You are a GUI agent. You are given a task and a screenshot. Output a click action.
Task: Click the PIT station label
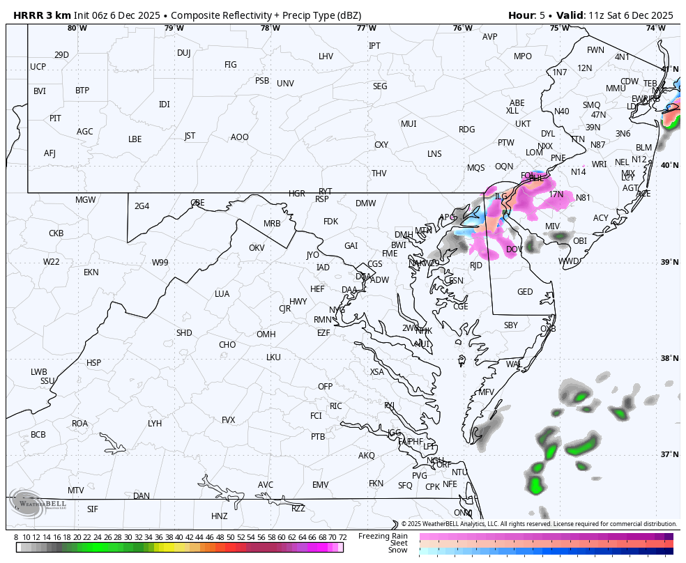55,118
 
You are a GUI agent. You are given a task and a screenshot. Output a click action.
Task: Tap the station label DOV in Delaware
514,249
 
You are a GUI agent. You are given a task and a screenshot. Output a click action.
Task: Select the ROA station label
80,424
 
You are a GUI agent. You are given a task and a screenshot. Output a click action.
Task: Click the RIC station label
336,406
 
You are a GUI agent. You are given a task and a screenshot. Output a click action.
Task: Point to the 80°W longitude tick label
77,29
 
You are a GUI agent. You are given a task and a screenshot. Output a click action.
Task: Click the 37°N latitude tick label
670,455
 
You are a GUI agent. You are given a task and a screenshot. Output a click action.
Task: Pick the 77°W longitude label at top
366,29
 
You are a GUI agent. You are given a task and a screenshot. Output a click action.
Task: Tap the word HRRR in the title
29,15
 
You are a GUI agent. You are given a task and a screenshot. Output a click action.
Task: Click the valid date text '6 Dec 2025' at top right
643,15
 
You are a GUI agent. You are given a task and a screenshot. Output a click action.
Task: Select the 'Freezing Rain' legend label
383,536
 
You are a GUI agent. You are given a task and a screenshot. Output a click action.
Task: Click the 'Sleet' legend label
398,543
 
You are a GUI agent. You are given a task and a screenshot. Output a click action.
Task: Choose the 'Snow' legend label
397,550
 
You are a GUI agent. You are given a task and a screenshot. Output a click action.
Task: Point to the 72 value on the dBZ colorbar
342,537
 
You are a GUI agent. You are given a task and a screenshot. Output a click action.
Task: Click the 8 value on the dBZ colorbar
16,537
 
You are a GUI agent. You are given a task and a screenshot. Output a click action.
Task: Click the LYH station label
155,424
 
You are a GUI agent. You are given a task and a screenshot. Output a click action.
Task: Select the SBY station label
511,325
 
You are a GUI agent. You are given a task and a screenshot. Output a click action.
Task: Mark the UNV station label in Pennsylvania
285,84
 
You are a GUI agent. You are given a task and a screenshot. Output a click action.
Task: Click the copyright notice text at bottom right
539,524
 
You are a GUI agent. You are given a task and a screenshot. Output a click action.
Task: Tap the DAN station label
142,496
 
